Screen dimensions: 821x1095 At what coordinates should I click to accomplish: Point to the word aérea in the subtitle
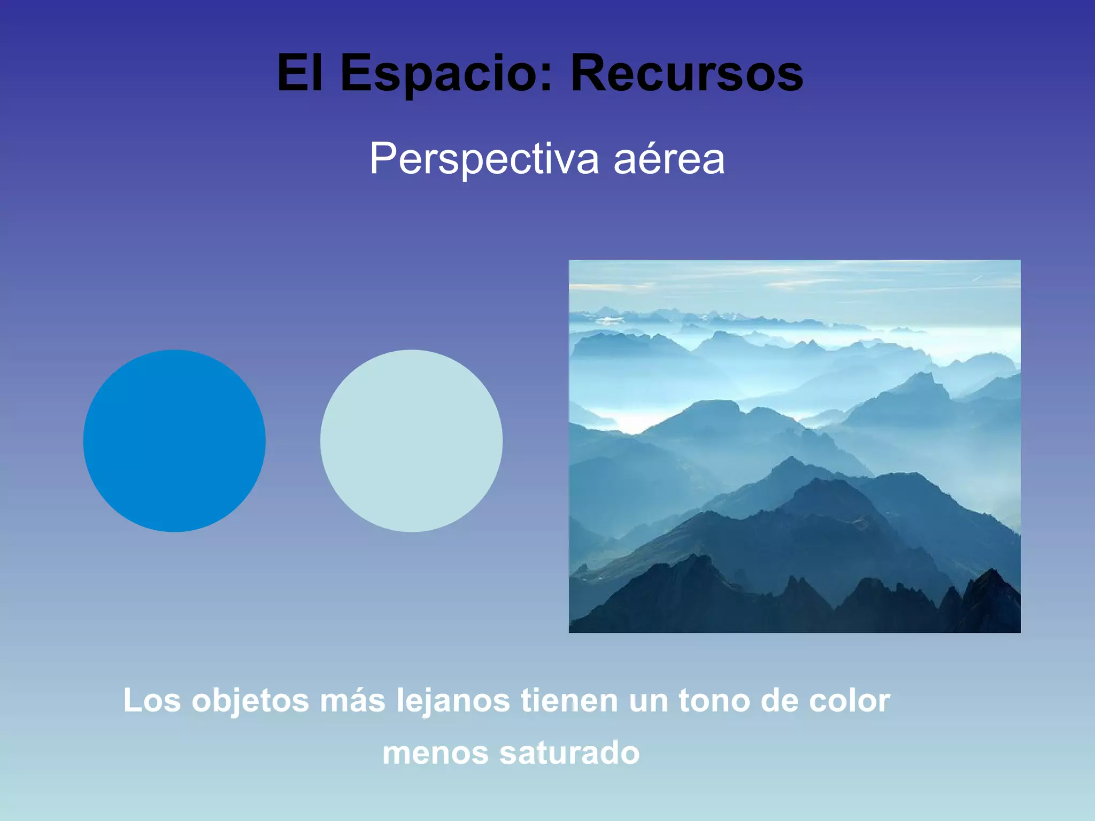point(669,159)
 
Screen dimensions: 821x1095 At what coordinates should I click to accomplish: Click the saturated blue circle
point(174,441)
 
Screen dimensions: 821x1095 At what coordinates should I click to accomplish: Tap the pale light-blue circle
point(411,441)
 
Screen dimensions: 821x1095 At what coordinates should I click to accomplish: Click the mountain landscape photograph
point(795,446)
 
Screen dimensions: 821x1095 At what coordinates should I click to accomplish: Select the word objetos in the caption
point(250,700)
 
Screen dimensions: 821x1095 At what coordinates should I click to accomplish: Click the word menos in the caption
point(435,753)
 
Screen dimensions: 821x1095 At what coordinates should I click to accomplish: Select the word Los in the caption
point(152,700)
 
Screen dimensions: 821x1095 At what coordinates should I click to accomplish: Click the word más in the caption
point(352,700)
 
